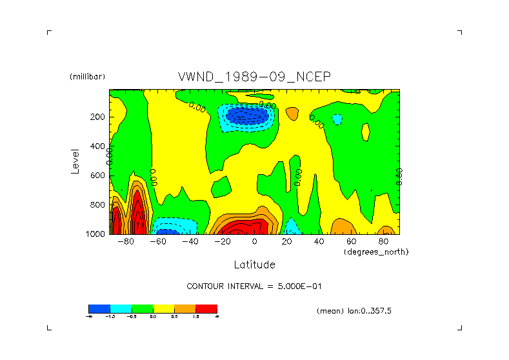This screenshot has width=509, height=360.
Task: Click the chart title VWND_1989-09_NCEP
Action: pos(254,77)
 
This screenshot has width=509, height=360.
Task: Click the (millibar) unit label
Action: pos(87,77)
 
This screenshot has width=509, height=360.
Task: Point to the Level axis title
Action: pos(75,161)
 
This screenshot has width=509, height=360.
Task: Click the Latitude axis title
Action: pos(254,265)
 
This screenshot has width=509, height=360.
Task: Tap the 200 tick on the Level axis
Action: pos(99,117)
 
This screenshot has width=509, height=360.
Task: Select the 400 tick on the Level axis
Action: pos(99,146)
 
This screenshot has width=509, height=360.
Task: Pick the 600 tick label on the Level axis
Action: pos(99,175)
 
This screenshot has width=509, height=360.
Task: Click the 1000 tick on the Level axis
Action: pos(97,234)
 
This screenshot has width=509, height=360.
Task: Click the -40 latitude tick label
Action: pos(190,242)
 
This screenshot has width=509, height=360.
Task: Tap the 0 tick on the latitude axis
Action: pos(254,242)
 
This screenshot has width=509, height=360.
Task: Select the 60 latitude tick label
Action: pos(351,242)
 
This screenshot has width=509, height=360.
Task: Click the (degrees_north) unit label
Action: pos(376,252)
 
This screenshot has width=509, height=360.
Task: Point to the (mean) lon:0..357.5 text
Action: pos(354,311)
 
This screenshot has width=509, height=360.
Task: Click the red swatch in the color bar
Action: pos(206,309)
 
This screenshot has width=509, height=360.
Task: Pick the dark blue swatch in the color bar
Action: pos(99,309)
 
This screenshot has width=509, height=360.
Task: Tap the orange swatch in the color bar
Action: pos(185,309)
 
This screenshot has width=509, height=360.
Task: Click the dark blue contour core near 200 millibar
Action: pos(248,115)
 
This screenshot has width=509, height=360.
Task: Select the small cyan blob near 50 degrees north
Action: pos(337,119)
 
